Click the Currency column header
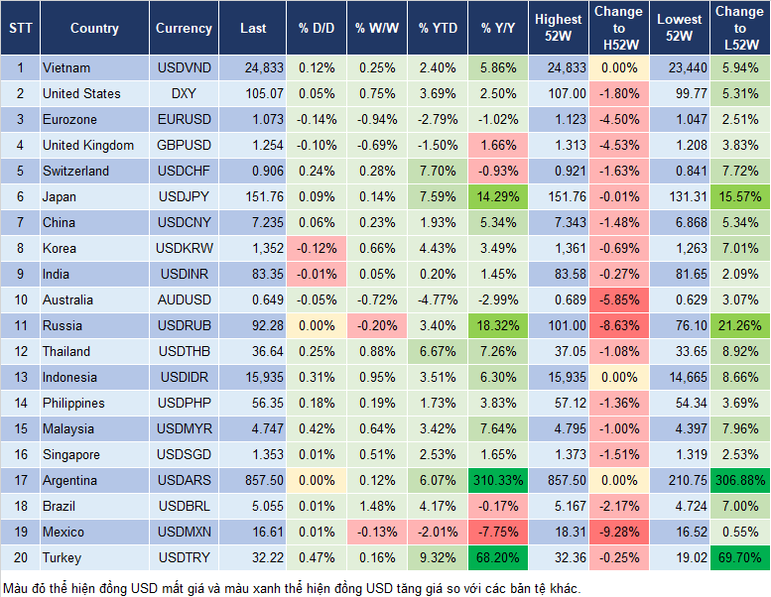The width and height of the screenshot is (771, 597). (184, 29)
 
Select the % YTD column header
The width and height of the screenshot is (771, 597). (438, 29)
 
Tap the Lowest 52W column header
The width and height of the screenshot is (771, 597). (680, 29)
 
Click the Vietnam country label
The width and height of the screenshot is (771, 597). (66, 67)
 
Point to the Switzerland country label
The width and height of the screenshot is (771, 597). (75, 171)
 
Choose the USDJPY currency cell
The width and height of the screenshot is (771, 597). (184, 196)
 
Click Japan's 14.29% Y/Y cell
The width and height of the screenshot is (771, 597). (498, 196)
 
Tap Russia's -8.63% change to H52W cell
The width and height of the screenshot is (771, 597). (617, 325)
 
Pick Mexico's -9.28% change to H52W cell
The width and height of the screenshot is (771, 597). (617, 532)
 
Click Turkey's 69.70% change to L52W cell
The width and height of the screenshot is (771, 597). (737, 557)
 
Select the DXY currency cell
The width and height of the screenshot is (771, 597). (184, 93)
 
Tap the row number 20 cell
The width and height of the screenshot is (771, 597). (20, 557)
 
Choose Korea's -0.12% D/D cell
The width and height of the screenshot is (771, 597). (317, 248)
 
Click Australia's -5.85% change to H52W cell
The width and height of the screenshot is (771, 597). (617, 299)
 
